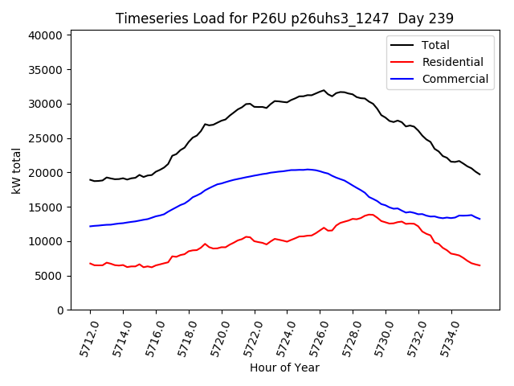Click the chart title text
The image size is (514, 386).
coord(284,18)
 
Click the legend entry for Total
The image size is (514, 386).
coord(435,45)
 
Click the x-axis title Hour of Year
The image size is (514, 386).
coord(284,368)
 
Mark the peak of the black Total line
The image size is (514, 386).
coord(324,90)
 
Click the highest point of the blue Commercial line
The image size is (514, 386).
coord(308,169)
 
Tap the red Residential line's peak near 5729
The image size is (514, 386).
coord(369,214)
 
